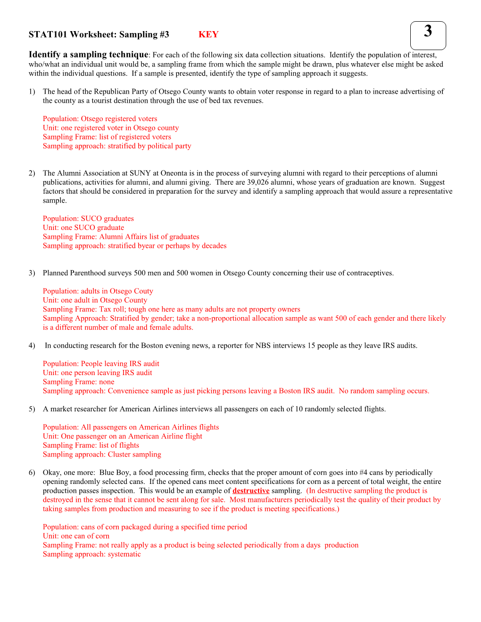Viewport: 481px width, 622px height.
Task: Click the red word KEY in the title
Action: point(208,34)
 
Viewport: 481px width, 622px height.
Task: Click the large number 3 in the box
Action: point(428,32)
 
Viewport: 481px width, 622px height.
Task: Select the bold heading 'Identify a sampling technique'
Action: point(89,55)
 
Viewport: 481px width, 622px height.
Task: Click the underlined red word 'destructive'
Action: point(251,491)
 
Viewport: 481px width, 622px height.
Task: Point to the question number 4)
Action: point(32,345)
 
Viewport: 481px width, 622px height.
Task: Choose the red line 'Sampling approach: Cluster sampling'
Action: point(102,455)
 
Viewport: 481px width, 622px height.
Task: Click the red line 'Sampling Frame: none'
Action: point(78,382)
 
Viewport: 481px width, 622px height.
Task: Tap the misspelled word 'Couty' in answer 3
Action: point(144,291)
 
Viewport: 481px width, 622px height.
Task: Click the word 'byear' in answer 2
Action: point(146,246)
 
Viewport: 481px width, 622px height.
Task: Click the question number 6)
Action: point(32,473)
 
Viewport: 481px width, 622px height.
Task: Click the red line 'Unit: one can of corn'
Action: point(76,536)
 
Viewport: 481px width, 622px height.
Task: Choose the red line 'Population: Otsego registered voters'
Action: point(100,119)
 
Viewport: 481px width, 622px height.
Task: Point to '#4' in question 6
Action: point(363,473)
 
